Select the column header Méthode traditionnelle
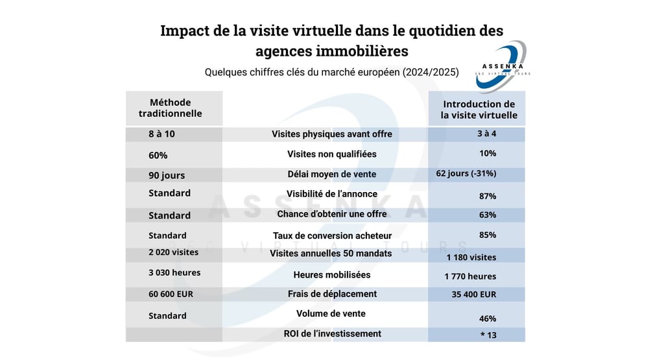[170, 108]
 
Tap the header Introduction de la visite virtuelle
[479, 109]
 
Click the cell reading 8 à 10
[161, 134]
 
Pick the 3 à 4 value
[486, 134]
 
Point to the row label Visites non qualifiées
[331, 154]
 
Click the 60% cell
[158, 156]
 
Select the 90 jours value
[166, 175]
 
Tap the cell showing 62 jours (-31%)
[466, 173]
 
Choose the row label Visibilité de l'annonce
[331, 194]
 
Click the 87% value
[487, 196]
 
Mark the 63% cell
[487, 215]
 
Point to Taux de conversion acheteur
[332, 236]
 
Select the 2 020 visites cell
[173, 252]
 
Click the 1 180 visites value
[470, 258]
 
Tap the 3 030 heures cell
[174, 272]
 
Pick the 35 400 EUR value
[473, 294]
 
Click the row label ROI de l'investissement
[332, 333]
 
